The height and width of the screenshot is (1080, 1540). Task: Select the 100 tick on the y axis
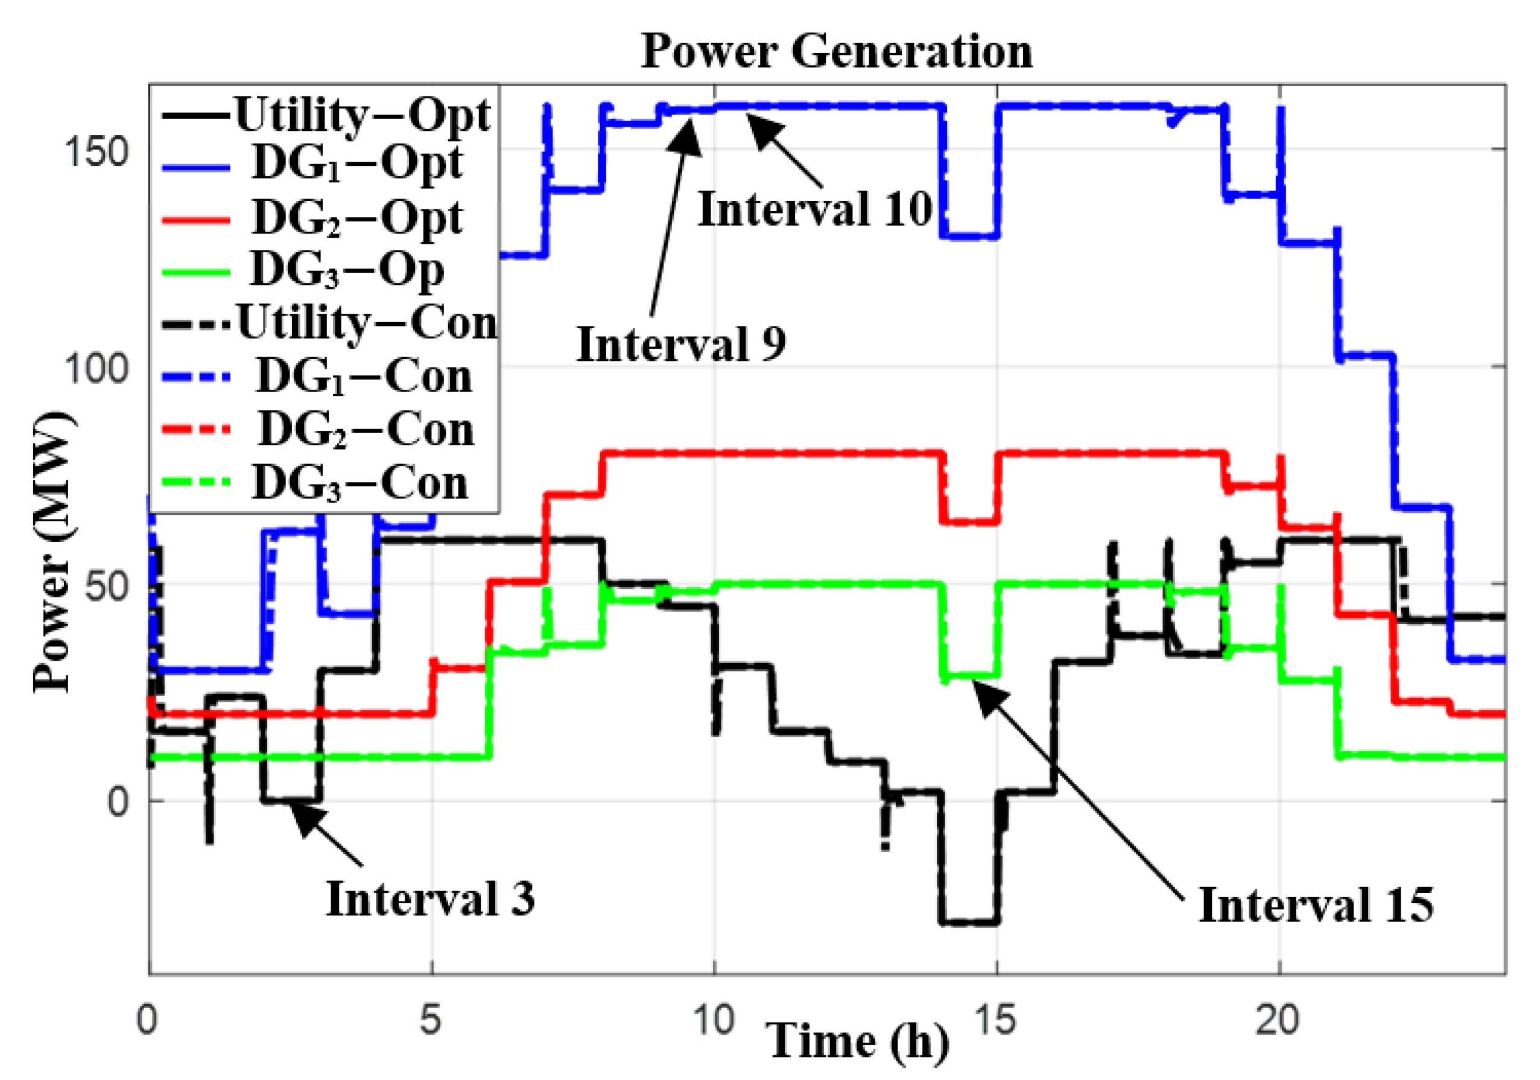[96, 368]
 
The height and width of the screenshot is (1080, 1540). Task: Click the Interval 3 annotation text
[430, 898]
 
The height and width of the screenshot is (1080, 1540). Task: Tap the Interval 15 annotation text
[1316, 905]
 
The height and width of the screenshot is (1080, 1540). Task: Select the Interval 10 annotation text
[814, 209]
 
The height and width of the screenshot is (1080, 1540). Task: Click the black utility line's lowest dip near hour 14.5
[970, 923]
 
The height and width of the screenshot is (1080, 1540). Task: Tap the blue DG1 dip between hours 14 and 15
[970, 236]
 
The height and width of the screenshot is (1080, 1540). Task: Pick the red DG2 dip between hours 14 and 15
[970, 522]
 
